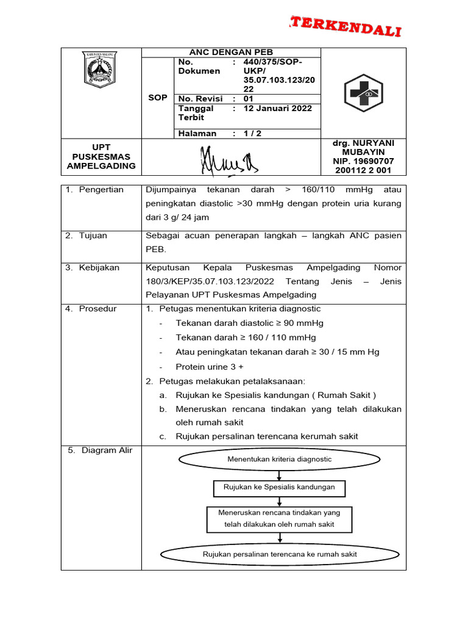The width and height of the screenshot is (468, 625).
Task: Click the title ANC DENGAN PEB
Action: (x=231, y=52)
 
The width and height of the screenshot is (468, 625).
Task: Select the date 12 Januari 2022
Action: (x=277, y=108)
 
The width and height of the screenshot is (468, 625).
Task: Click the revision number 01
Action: (x=248, y=98)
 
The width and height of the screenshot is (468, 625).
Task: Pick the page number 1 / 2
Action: (x=252, y=133)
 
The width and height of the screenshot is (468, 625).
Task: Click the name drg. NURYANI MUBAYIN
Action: (x=363, y=147)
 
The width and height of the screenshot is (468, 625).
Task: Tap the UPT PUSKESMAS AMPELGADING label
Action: (x=101, y=157)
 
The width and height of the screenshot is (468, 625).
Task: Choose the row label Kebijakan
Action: (x=99, y=267)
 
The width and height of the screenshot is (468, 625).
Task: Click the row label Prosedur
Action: (x=99, y=309)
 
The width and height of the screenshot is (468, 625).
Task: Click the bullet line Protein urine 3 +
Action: (x=209, y=367)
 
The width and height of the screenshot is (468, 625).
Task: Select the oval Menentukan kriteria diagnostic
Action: (x=279, y=459)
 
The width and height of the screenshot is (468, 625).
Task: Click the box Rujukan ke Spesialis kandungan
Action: (x=279, y=488)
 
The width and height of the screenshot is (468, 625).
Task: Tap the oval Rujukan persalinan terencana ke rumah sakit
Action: (x=279, y=554)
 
